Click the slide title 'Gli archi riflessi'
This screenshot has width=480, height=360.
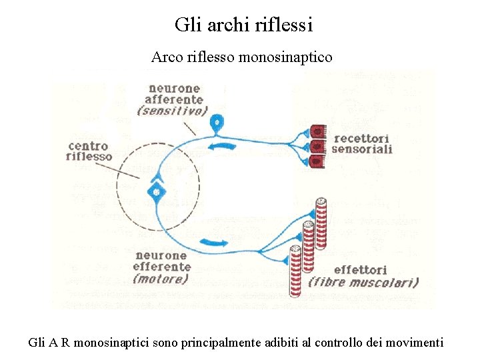[243, 25]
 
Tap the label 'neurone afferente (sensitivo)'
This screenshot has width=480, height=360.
[173, 99]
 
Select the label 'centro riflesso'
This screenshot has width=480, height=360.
[89, 151]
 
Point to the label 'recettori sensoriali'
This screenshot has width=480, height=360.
[362, 143]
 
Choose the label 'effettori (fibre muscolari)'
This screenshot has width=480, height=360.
[363, 276]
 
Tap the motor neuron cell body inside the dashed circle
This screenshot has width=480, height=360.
[157, 192]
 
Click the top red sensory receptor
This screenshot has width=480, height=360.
[318, 131]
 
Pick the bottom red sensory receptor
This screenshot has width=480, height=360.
[318, 161]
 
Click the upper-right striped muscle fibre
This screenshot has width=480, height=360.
[322, 223]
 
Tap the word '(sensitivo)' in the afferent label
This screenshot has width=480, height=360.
[172, 111]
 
